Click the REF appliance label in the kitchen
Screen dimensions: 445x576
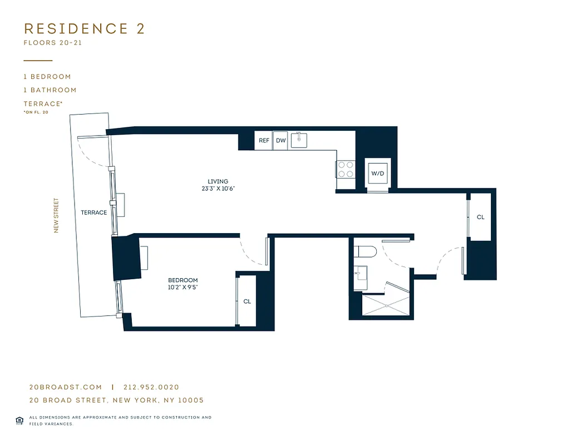(264, 141)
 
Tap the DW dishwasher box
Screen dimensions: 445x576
(281, 141)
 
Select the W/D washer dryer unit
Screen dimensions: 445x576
(378, 174)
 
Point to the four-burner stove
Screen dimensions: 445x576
(345, 169)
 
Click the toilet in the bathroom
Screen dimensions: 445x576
(367, 251)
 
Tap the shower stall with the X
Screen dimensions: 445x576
(386, 305)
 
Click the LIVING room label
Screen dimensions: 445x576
(218, 181)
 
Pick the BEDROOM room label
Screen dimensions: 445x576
(183, 280)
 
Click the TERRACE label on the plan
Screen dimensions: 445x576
(93, 212)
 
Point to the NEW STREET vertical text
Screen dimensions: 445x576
(56, 216)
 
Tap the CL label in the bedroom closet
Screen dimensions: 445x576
(247, 301)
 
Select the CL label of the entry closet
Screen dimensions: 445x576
(480, 217)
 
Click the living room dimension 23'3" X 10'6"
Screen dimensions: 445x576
(218, 189)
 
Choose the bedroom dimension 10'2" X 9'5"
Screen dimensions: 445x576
(183, 288)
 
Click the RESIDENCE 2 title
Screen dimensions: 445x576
(84, 29)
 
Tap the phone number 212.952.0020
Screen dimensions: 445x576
(151, 387)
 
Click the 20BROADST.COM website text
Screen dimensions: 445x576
(65, 387)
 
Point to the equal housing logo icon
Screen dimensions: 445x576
(19, 420)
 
